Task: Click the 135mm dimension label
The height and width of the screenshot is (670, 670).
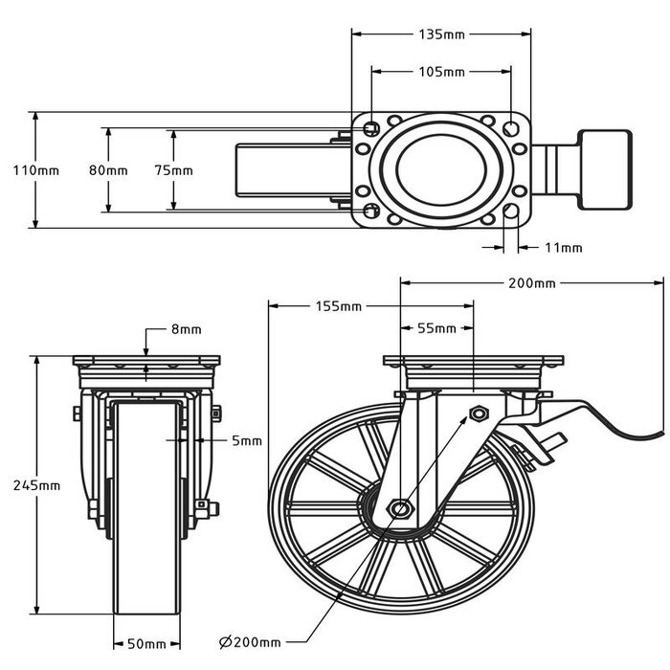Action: [441, 34]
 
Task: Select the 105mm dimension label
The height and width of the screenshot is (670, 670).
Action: [441, 72]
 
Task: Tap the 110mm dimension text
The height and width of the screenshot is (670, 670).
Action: [36, 170]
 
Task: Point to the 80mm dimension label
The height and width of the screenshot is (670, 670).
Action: [107, 170]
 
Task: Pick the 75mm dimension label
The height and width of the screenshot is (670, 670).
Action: [173, 170]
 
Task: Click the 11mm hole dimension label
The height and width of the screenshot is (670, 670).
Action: [563, 248]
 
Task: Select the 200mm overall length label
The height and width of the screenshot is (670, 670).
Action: [532, 283]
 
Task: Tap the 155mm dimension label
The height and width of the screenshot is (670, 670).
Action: [338, 307]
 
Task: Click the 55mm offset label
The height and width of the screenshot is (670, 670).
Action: [436, 328]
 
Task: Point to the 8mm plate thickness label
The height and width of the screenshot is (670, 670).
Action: [186, 329]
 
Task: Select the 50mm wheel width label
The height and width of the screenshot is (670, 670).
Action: [146, 643]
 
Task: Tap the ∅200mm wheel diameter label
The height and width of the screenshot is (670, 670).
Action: [250, 641]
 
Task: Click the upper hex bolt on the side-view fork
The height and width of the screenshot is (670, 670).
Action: [478, 413]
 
